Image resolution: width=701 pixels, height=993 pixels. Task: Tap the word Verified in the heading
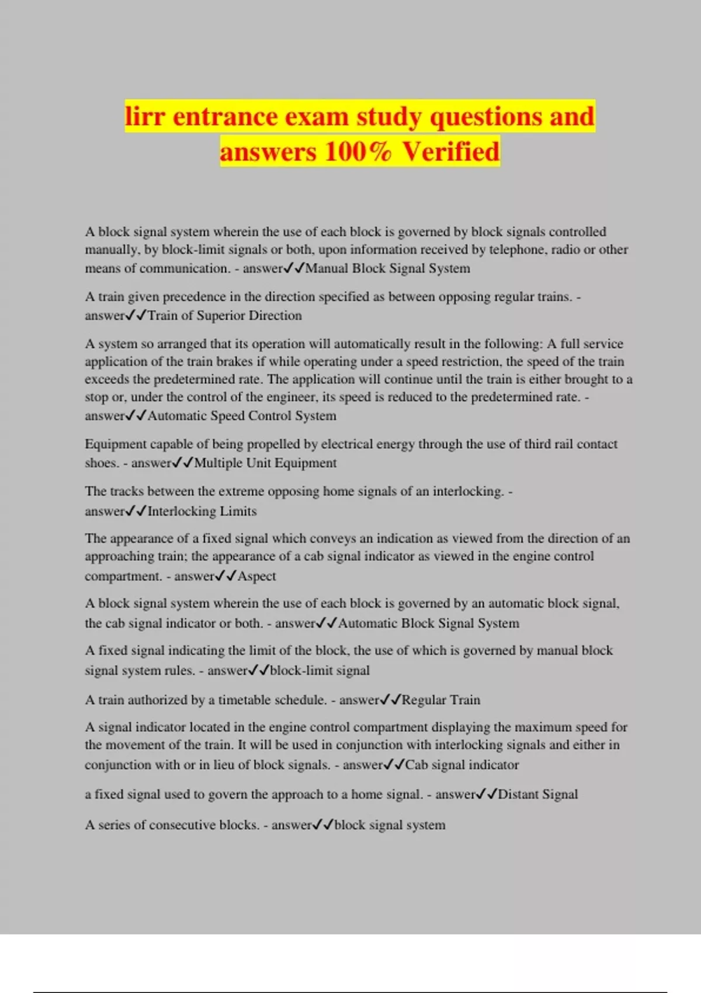click(x=450, y=151)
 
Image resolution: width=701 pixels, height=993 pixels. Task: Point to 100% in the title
click(x=358, y=151)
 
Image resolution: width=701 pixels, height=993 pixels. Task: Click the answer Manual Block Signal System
click(x=388, y=268)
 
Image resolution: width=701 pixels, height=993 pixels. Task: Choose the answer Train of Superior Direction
click(x=225, y=315)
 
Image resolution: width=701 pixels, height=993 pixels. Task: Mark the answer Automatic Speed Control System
click(x=242, y=416)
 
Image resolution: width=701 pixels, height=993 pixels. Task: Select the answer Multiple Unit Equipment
click(x=265, y=463)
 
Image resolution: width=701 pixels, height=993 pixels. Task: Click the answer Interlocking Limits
click(x=202, y=511)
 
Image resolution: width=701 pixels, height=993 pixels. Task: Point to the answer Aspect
click(x=256, y=576)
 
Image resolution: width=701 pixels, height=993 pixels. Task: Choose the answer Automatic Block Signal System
click(x=429, y=623)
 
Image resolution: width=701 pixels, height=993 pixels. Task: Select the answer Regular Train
click(x=441, y=700)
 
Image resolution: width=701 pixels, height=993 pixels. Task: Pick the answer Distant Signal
click(x=538, y=794)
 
